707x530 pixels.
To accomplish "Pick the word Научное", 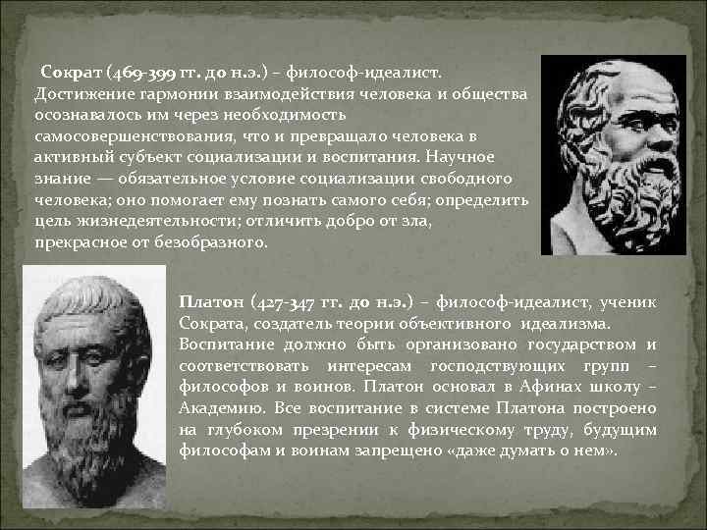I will [x=463, y=157].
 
